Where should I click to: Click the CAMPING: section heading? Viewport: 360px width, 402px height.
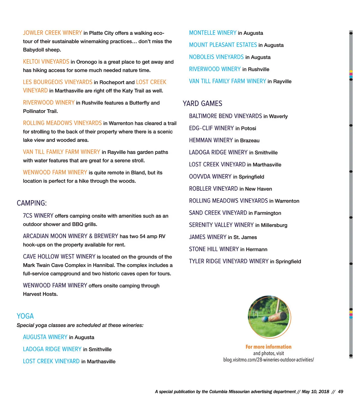tap(31, 203)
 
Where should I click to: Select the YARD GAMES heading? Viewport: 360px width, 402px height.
tap(202, 104)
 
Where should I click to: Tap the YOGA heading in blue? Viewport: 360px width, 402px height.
tap(25, 316)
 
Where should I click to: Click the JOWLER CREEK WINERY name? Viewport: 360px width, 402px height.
tap(52, 33)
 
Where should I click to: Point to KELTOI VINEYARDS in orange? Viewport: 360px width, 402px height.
tap(46, 62)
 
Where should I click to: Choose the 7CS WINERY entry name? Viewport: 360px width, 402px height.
tap(38, 216)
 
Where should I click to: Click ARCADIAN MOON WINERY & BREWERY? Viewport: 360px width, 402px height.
tap(70, 236)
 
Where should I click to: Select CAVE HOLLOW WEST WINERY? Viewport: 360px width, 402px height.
tap(59, 256)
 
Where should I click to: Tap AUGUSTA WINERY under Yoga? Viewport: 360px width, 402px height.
tap(45, 337)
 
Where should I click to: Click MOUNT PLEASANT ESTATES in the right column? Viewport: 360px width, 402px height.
tap(223, 45)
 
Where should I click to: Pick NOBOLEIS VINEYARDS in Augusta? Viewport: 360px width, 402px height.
tap(216, 57)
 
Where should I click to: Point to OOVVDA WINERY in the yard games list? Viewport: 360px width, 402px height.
tap(210, 177)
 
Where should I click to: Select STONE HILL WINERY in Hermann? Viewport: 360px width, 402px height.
tap(214, 249)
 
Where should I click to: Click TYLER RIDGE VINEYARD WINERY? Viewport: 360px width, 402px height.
tap(229, 261)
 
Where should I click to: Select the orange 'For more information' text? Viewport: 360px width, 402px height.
tap(268, 347)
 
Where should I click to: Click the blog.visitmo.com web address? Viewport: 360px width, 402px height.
tap(268, 360)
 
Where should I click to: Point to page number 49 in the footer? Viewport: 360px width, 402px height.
tap(340, 391)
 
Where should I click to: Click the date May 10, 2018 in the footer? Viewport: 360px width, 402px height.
tap(315, 391)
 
